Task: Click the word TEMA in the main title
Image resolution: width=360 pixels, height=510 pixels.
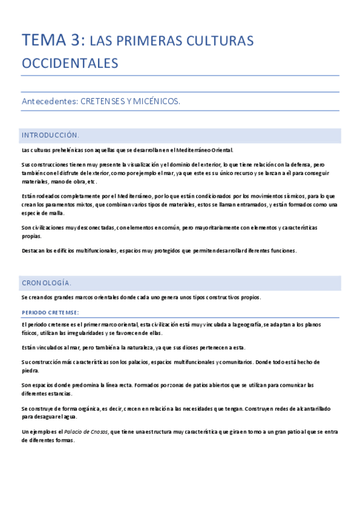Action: coord(44,40)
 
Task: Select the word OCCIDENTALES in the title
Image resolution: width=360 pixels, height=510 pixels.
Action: coord(70,63)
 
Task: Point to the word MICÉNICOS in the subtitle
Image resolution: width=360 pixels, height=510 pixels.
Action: coord(158,102)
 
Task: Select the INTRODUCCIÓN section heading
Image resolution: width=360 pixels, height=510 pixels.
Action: coord(50,135)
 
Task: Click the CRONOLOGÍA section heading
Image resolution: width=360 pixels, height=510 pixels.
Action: coord(47,282)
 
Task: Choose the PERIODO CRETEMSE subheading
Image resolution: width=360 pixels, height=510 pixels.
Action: coord(50,312)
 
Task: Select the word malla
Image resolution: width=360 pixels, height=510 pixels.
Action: coord(56,213)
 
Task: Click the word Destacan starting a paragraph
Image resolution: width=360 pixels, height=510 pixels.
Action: coord(35,251)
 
